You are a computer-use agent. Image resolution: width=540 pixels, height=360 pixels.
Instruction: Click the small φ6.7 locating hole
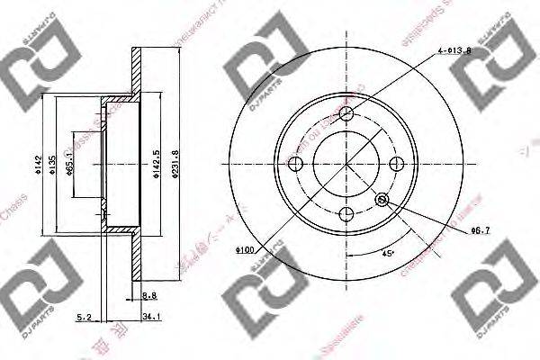tap(383, 199)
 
